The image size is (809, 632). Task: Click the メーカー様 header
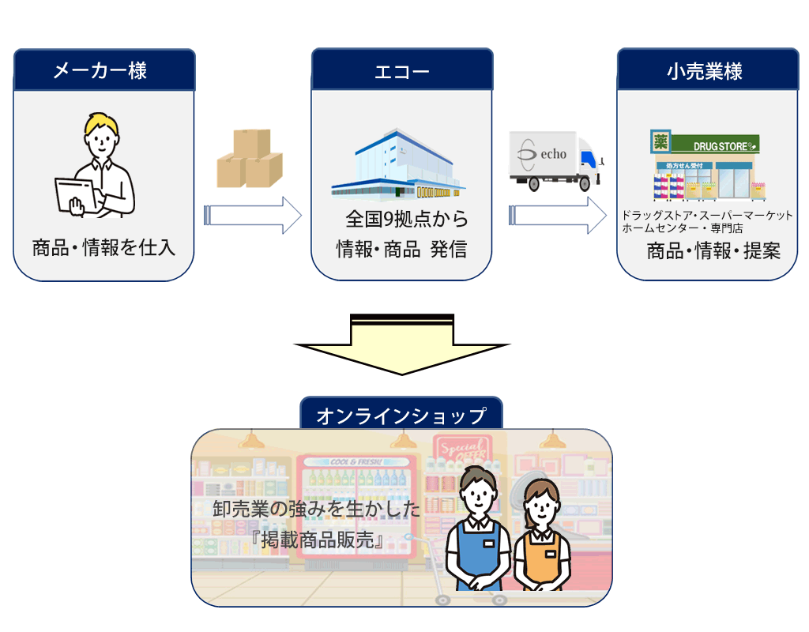click(x=103, y=70)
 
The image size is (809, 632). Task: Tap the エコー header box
click(x=401, y=71)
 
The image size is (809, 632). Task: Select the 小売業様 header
click(x=706, y=71)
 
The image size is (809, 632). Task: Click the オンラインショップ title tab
click(x=401, y=415)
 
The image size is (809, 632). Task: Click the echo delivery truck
click(x=554, y=161)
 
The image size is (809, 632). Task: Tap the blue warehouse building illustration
click(x=397, y=166)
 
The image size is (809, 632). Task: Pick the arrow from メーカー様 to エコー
click(x=253, y=215)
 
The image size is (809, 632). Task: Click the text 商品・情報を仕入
click(x=103, y=248)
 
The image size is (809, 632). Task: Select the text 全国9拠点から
click(x=406, y=219)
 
